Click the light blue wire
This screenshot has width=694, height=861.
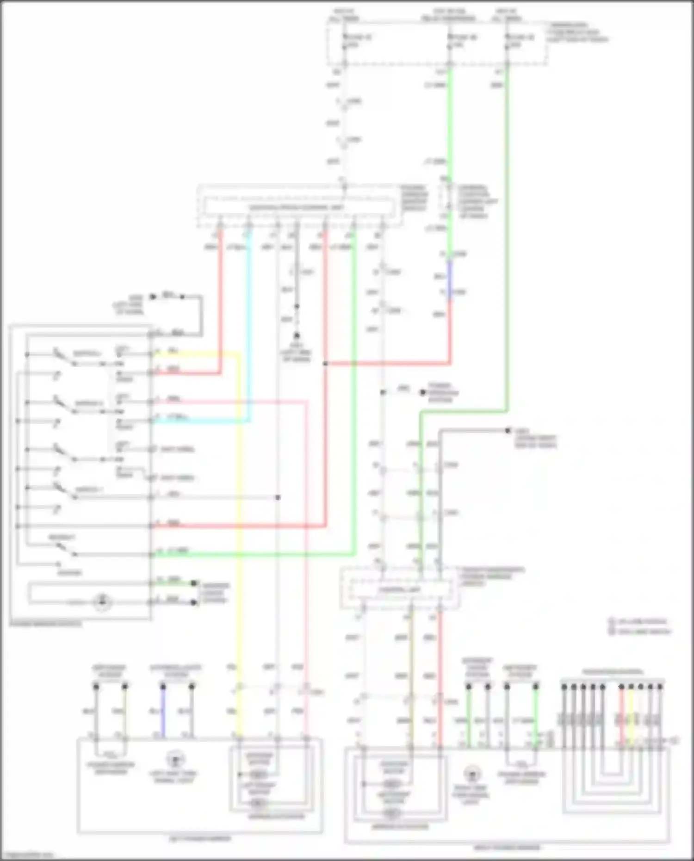[250, 324]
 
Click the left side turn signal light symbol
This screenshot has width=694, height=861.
[175, 759]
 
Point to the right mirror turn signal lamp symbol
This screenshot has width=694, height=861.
[471, 773]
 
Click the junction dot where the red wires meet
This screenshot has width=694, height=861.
[326, 364]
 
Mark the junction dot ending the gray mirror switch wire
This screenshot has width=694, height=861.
[278, 497]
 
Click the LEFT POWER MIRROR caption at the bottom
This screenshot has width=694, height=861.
[199, 838]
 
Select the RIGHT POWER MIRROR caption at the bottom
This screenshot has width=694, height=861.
[507, 848]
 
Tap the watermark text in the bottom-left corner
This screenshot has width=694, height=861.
[28, 855]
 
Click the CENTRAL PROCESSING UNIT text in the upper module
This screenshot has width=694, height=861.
[297, 207]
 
